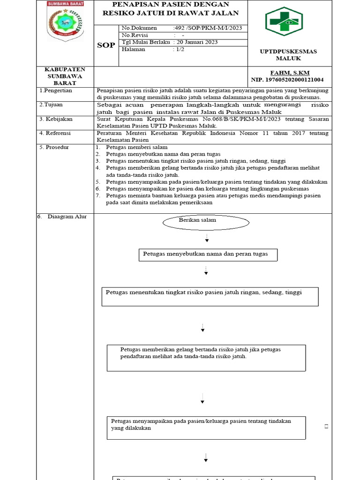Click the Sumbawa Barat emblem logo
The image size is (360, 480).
tap(66, 21)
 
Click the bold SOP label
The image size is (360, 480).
tap(105, 45)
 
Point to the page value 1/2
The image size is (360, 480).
tap(179, 49)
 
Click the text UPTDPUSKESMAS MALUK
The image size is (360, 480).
tap(288, 55)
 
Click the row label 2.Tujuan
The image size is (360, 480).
tap(51, 105)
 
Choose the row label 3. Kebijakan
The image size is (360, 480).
tap(54, 119)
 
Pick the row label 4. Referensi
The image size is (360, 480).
tap(54, 133)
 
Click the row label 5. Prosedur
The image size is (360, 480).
tap(54, 147)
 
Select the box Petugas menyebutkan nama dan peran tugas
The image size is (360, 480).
tap(209, 254)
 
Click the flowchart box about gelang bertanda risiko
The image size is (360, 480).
tap(206, 358)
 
